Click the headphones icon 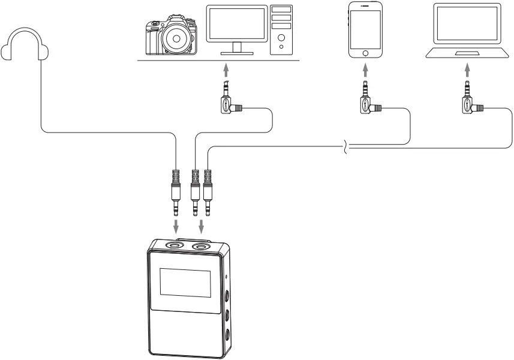(25, 46)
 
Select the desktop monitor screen (237, 23)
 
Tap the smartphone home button (366, 53)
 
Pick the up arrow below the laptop (467, 71)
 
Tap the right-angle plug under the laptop (470, 103)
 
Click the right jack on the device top (200, 245)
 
